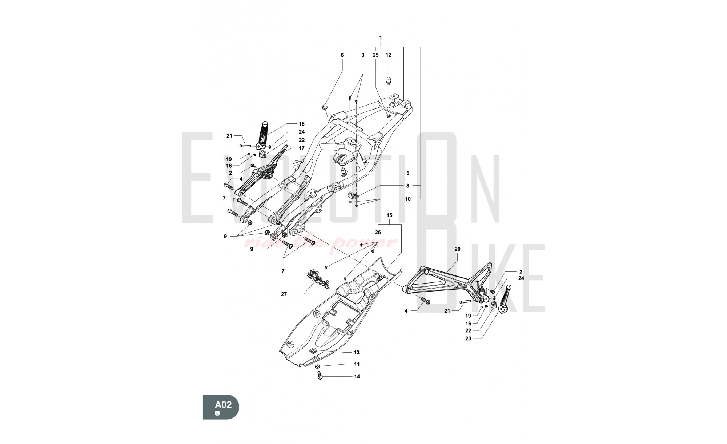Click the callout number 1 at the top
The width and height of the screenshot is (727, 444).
(381, 38)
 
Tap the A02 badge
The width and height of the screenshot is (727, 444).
(221, 407)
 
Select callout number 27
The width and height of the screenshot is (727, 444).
(284, 294)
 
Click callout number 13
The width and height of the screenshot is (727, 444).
(357, 352)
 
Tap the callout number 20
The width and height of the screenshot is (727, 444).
(457, 249)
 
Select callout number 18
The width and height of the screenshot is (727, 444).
(301, 124)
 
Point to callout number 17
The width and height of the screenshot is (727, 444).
(301, 148)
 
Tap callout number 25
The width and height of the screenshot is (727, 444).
(375, 55)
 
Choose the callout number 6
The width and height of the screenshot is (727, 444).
(342, 55)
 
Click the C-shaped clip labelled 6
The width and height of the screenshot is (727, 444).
(325, 106)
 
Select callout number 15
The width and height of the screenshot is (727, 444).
(389, 215)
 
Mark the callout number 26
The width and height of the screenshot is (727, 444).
(378, 232)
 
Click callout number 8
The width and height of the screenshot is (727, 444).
(408, 186)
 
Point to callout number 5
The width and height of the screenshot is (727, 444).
(408, 173)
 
